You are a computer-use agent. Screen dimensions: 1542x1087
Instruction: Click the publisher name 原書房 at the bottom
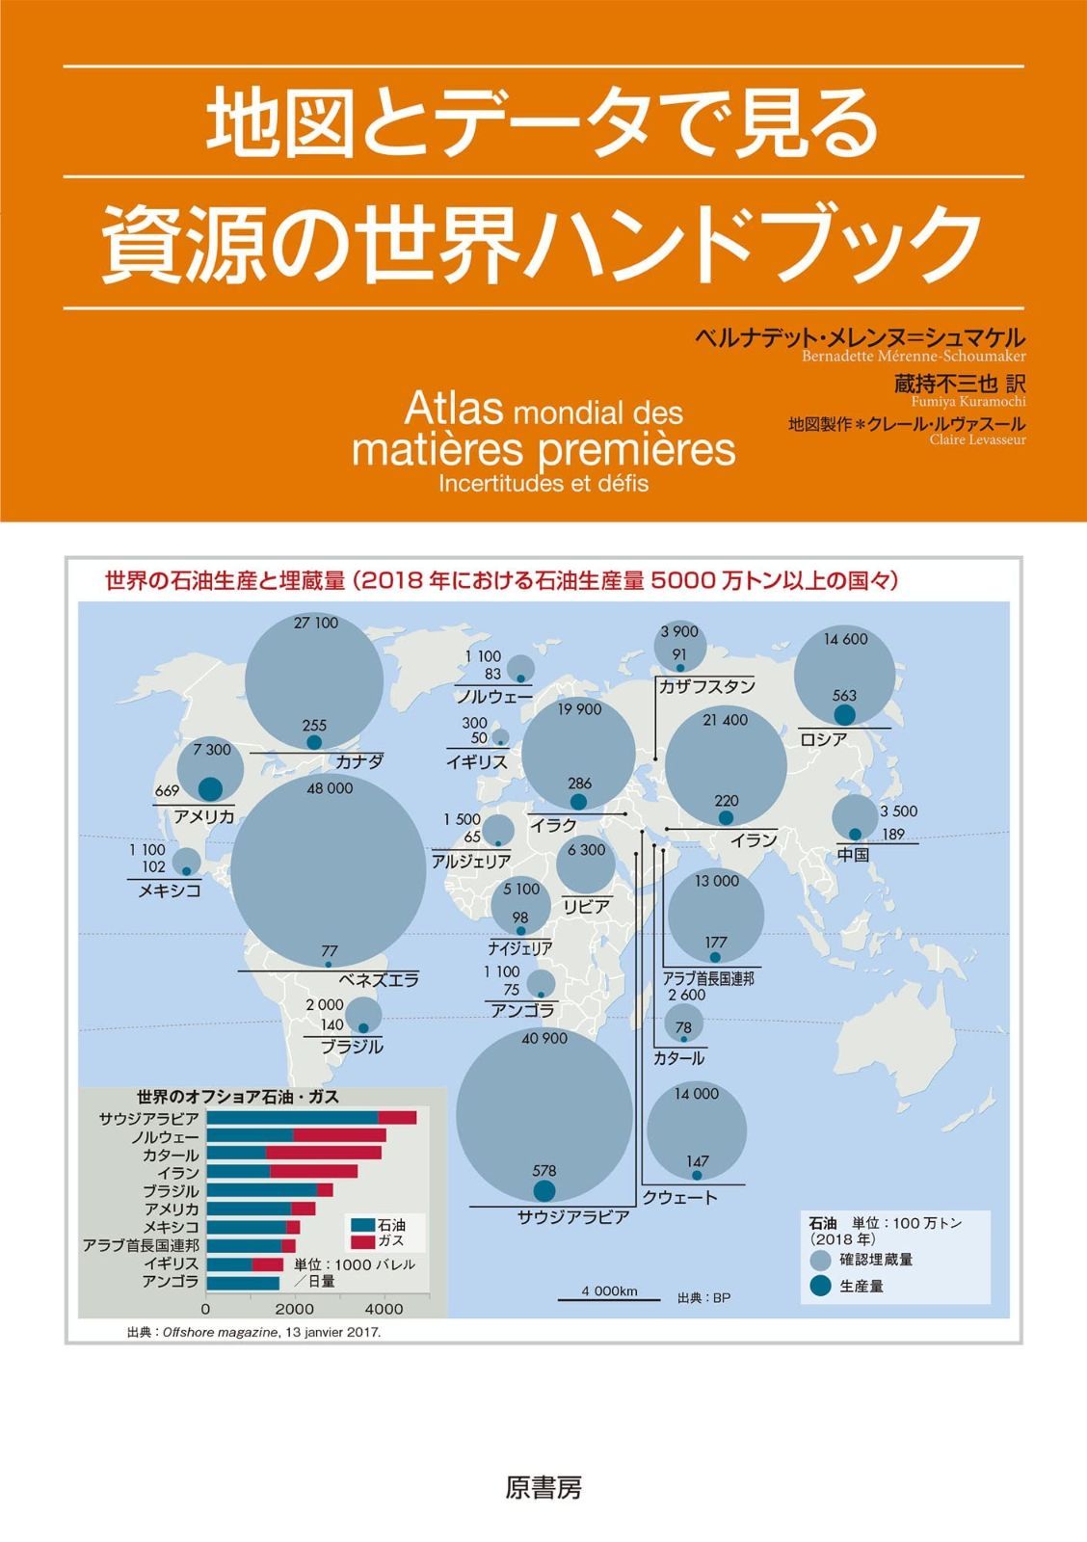coord(543,1487)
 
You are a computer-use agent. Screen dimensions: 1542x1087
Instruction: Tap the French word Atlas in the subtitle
coord(454,410)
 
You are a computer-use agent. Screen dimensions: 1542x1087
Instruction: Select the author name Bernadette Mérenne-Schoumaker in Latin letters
coord(914,356)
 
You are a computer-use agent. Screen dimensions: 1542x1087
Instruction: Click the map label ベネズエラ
coord(379,980)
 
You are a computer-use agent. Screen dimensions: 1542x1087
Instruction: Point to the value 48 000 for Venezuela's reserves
coord(330,788)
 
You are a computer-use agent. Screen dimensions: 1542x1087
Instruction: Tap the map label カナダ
coord(359,761)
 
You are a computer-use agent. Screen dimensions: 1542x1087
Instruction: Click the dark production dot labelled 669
coord(210,788)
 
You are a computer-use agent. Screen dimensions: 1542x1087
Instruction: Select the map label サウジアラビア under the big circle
coord(573,1217)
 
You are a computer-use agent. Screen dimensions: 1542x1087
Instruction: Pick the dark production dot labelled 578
coord(544,1190)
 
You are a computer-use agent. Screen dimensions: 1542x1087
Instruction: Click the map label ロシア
coord(824,739)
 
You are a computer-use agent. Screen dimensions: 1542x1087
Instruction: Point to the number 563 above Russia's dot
coord(844,695)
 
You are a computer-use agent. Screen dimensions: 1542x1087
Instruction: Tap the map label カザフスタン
coord(706,686)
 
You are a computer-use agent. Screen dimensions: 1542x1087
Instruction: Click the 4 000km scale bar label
coord(609,1291)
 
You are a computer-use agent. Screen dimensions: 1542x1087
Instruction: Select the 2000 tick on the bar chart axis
coord(295,1309)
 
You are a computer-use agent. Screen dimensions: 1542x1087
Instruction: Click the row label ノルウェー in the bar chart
coord(165,1137)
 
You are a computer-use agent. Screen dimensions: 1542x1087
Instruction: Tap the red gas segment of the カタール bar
coord(323,1154)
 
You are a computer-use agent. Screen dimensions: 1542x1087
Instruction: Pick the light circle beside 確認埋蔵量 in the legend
coord(821,1260)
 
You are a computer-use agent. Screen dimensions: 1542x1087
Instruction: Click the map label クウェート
coord(680,1198)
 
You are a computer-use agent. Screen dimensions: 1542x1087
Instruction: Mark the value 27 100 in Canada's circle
coord(316,623)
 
